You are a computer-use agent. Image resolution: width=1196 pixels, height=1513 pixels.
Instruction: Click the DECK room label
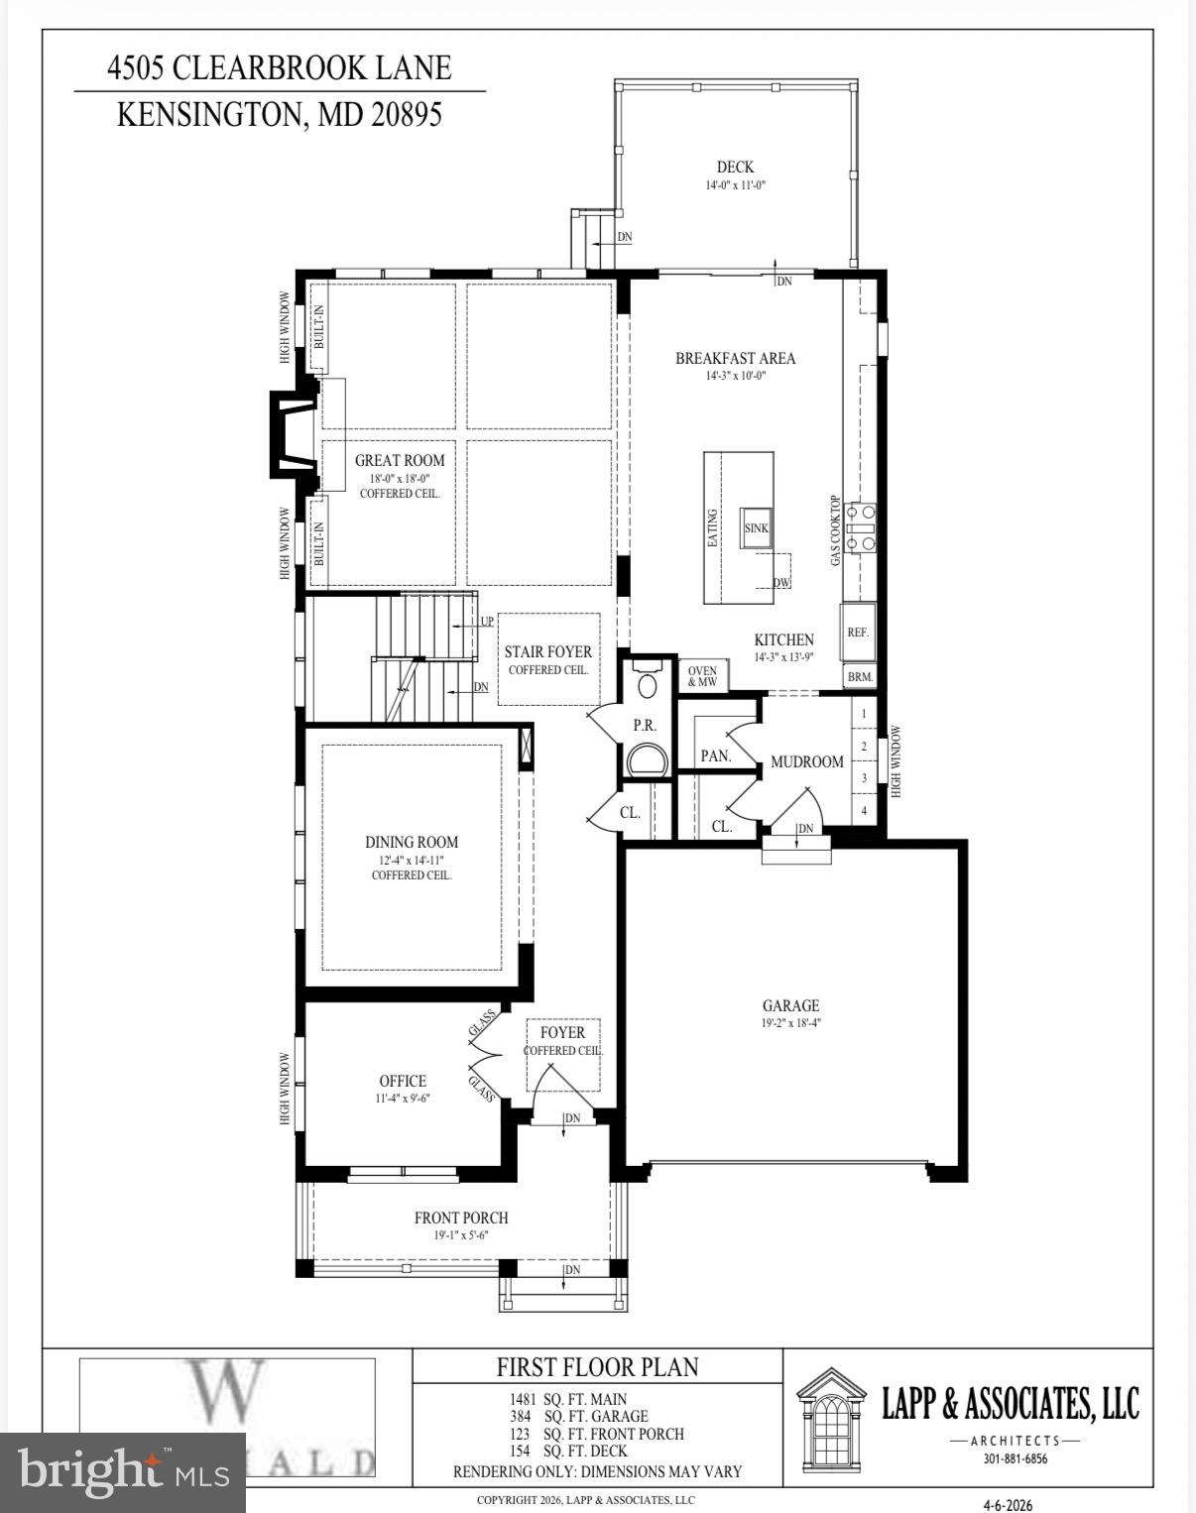tap(735, 167)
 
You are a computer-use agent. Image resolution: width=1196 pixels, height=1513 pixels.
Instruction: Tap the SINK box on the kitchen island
tap(757, 527)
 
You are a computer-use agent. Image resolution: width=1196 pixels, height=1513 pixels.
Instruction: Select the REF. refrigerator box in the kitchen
tap(858, 632)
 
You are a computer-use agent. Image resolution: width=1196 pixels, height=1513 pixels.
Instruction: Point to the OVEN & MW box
tap(702, 676)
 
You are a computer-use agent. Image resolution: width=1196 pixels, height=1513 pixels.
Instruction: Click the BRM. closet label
tap(860, 677)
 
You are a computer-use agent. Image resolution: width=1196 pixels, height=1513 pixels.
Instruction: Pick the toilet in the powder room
tap(647, 685)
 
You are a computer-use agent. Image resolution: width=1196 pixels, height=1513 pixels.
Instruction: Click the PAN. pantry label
tap(715, 756)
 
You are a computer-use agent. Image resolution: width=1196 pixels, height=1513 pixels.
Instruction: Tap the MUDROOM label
tap(807, 761)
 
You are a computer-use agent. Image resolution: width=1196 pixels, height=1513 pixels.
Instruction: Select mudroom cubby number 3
tap(864, 778)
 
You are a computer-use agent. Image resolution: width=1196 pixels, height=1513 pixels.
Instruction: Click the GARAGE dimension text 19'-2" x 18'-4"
tap(790, 1023)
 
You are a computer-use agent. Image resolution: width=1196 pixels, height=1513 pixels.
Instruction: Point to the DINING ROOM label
tap(412, 842)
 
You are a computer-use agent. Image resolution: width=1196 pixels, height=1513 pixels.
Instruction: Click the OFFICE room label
tap(403, 1081)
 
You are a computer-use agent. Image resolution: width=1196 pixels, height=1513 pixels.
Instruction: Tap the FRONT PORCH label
tap(461, 1218)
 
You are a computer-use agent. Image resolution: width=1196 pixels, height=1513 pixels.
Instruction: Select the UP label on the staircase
tap(486, 622)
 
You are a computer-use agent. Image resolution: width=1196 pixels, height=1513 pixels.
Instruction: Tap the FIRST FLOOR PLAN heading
tap(597, 1366)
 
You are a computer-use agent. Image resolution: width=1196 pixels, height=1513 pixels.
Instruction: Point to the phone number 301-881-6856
tap(1009, 1458)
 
